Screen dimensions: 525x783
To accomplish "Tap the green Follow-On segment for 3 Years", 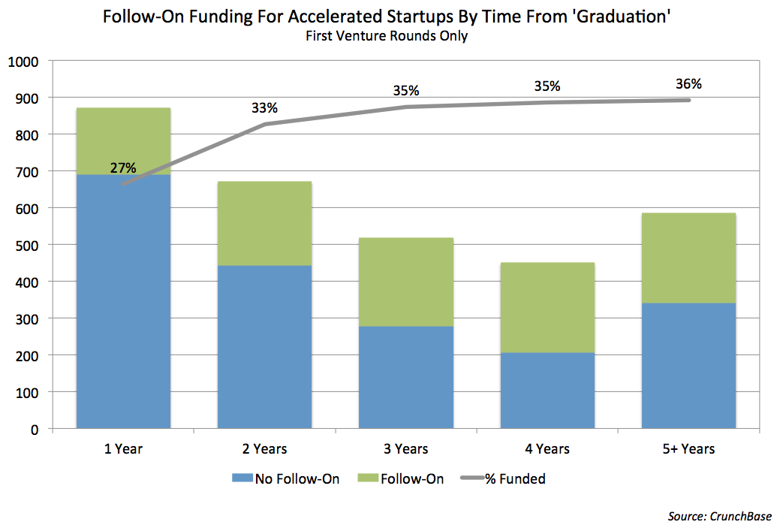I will coord(406,282).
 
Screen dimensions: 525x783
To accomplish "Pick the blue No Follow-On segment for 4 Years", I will coord(547,391).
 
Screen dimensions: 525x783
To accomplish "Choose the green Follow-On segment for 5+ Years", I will coord(688,258).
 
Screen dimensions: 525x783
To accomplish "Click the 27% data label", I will coord(123,167).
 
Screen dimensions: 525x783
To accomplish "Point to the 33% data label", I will coord(264,107).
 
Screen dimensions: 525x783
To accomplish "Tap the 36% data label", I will coord(688,83).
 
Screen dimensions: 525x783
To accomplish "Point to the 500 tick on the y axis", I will coord(30,245).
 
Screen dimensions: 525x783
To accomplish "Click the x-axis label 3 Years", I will coord(406,449).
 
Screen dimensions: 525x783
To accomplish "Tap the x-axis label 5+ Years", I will coord(688,449).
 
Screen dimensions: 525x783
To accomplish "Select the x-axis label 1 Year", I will coord(123,449).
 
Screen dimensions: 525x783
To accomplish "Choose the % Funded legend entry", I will coord(511,478).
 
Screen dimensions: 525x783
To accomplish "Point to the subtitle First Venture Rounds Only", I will coord(391,36).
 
